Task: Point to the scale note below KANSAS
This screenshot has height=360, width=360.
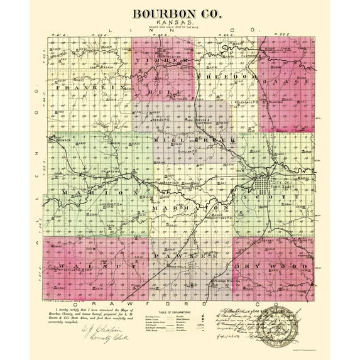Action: [x=179, y=29]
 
